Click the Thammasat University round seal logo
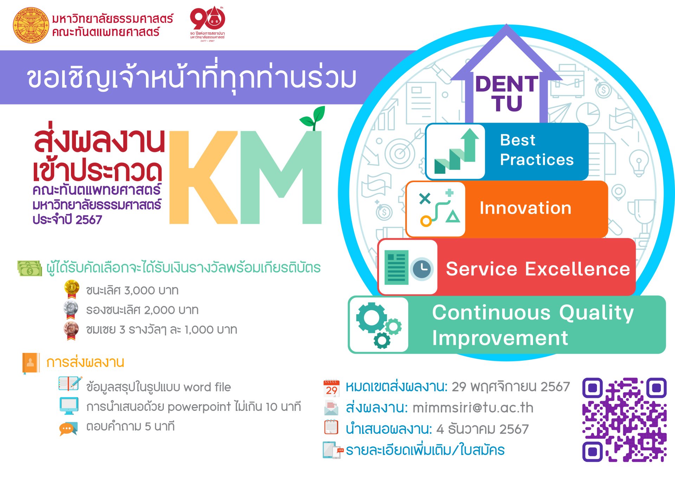[x=31, y=25]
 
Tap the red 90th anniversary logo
[x=207, y=24]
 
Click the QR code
[x=624, y=420]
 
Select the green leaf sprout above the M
[x=313, y=118]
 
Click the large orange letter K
[x=203, y=178]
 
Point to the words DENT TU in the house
[x=507, y=93]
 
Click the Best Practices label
[x=536, y=150]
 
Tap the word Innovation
[x=525, y=208]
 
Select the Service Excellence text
[x=538, y=269]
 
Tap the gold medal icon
[x=71, y=289]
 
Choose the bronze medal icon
[x=71, y=330]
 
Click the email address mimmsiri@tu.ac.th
[x=473, y=408]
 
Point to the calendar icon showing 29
[x=331, y=388]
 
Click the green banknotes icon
[x=30, y=268]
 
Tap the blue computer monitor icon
[x=69, y=406]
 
